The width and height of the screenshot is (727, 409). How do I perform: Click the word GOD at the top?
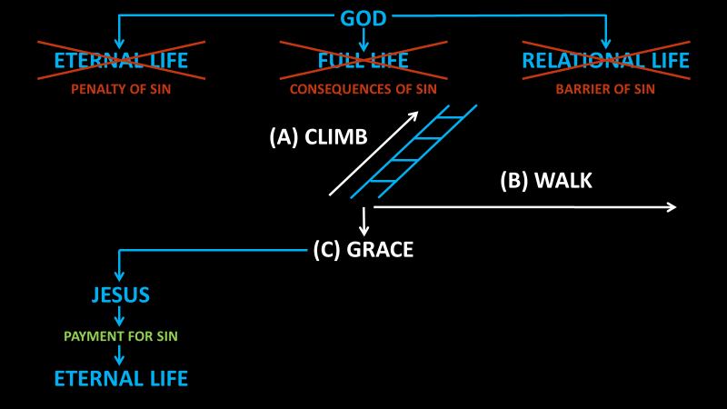tap(363, 18)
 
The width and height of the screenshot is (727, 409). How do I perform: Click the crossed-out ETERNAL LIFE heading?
tap(121, 61)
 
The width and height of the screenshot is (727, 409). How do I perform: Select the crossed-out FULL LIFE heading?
tap(363, 61)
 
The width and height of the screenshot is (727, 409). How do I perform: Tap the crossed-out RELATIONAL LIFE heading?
tap(605, 61)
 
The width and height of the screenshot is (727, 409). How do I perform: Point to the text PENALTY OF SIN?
tap(121, 89)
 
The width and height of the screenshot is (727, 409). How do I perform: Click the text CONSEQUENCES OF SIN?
tap(363, 89)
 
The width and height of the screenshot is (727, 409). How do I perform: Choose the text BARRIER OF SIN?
tap(605, 89)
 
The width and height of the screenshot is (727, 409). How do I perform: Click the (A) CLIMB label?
tap(318, 137)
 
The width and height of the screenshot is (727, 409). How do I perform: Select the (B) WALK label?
tap(546, 181)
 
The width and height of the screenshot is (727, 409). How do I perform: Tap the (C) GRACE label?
tap(363, 250)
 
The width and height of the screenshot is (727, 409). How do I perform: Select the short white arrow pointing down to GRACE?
tap(363, 222)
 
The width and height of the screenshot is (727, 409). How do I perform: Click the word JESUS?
tap(121, 295)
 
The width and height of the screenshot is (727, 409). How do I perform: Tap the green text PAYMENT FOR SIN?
tap(121, 336)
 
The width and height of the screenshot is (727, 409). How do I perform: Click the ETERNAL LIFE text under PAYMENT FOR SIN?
tap(121, 378)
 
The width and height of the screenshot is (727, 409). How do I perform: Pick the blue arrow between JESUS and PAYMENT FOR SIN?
tap(119, 316)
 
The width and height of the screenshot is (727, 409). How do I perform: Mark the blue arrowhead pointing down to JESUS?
tap(119, 274)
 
